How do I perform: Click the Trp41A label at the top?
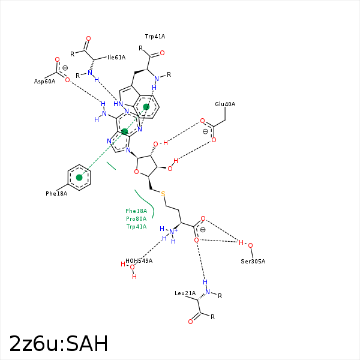click(155, 37)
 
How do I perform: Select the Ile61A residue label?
click(116, 58)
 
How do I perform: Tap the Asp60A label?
click(44, 81)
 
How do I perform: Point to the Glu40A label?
click(225, 104)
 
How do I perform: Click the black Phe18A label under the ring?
click(56, 194)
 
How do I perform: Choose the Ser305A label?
click(253, 261)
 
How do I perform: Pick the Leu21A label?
click(185, 293)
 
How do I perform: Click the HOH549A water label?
click(139, 261)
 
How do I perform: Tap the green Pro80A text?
click(136, 219)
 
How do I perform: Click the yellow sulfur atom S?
click(163, 193)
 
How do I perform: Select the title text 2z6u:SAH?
click(59, 344)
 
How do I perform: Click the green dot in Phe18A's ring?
click(79, 177)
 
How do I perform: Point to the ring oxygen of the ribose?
click(137, 173)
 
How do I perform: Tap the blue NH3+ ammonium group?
click(172, 232)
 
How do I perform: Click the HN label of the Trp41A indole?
click(118, 104)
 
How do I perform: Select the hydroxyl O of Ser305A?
click(250, 245)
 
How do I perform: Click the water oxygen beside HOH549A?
click(133, 268)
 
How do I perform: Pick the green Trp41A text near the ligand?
click(136, 227)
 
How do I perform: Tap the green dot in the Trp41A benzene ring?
click(146, 107)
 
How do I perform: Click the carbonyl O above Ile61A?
click(88, 38)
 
